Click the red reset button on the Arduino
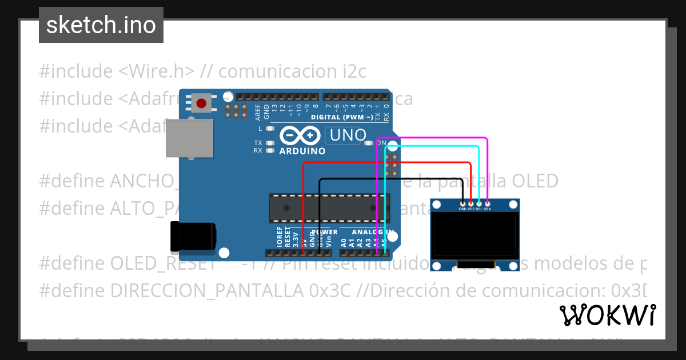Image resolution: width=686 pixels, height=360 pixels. [x=201, y=103]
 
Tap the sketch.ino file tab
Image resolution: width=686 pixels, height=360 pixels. [x=101, y=25]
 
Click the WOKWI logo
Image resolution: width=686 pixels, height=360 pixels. [x=607, y=315]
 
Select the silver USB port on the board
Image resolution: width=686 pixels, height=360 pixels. [x=189, y=138]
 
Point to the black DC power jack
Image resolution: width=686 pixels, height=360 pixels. [x=193, y=237]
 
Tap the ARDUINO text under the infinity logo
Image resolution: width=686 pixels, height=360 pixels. [x=302, y=151]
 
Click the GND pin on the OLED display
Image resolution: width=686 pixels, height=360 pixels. [x=462, y=203]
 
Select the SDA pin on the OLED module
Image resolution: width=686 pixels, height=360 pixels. [x=487, y=203]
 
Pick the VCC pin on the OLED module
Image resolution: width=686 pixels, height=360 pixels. [x=471, y=203]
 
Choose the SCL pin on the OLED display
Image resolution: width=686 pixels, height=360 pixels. [x=479, y=203]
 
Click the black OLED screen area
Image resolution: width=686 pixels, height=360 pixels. [x=474, y=235]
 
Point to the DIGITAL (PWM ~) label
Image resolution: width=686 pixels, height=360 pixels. [x=342, y=117]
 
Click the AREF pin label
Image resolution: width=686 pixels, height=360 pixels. [x=258, y=111]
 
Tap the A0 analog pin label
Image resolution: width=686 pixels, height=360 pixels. [x=344, y=242]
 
